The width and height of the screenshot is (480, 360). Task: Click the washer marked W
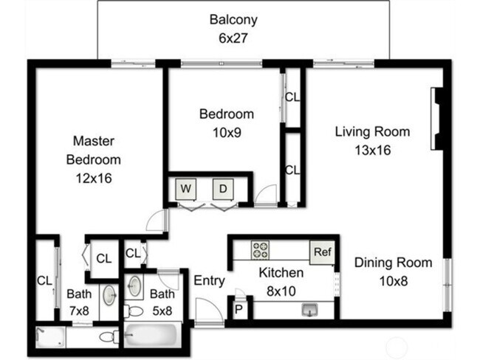coord(187,189)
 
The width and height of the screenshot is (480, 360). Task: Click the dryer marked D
coord(222,189)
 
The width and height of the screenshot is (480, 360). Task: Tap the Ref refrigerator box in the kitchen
coord(321,252)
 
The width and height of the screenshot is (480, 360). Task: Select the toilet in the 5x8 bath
coord(134,311)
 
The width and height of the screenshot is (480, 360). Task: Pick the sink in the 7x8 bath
coord(109,295)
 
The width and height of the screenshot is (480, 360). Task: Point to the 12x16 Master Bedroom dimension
coord(92,178)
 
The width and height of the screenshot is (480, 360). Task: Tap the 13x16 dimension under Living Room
coord(372,150)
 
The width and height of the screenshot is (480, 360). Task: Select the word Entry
coord(208,280)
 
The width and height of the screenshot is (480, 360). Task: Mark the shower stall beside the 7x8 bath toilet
coord(49,338)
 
